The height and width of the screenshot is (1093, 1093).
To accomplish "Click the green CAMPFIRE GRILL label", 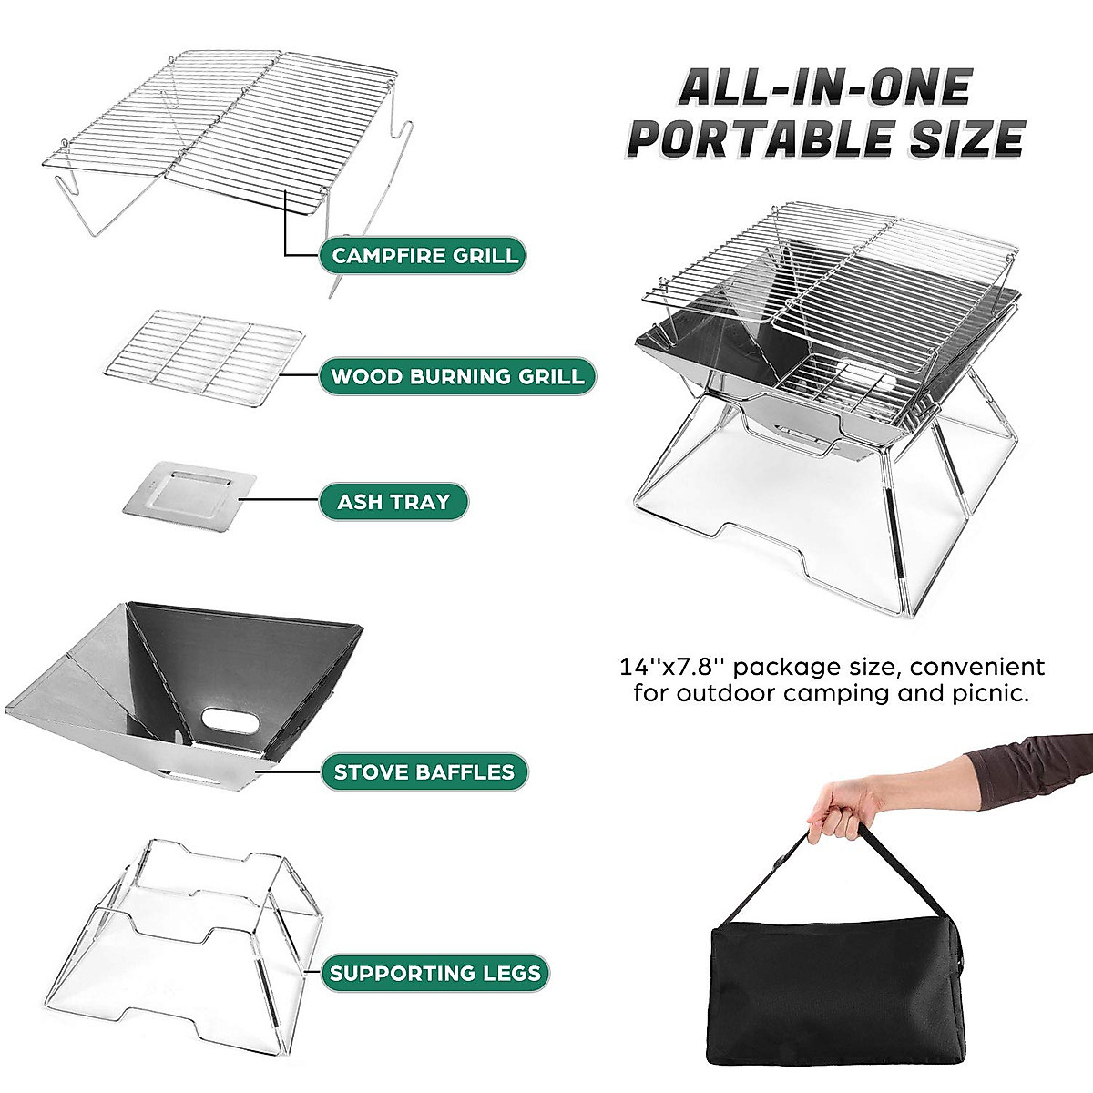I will tap(424, 255).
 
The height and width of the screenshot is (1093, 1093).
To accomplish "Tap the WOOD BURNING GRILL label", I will tap(457, 376).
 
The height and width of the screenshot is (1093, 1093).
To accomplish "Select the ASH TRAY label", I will tap(393, 502).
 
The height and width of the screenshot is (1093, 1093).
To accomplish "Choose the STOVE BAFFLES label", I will tap(424, 772).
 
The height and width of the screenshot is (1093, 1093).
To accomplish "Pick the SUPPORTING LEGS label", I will tap(434, 973).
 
